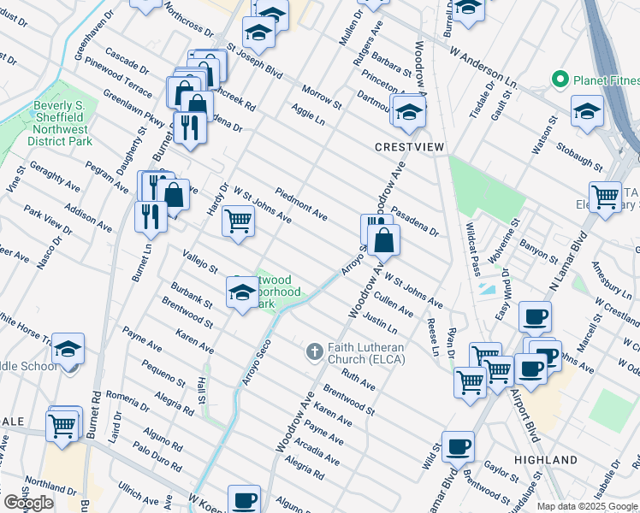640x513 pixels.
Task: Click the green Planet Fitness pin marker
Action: pos(560,80)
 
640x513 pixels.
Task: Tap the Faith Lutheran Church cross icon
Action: pos(314,351)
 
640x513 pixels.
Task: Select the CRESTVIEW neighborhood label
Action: pos(410,147)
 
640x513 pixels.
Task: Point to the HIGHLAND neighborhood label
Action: pos(546,460)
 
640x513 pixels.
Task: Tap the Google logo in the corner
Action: pos(28,503)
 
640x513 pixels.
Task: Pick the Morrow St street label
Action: pos(321,97)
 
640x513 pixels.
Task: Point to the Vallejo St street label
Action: pos(200,261)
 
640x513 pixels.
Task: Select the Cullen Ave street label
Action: pos(394,304)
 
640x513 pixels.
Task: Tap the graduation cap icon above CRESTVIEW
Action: pos(409,111)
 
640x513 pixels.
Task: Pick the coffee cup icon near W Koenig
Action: pos(245,498)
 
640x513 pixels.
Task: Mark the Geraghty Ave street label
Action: pos(55,174)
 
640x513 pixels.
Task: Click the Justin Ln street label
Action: pos(380,322)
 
